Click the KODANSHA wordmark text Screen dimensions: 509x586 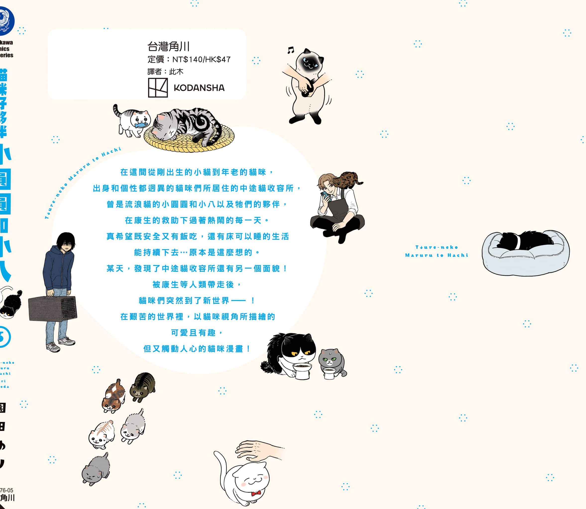click(199, 88)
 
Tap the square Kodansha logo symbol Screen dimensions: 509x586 click(158, 88)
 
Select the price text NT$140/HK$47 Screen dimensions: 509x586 click(201, 59)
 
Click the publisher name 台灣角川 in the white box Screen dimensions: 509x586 click(168, 46)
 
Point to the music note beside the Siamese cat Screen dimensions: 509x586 click(290, 50)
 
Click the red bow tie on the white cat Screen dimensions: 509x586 click(256, 493)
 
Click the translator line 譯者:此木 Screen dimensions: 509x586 click(165, 72)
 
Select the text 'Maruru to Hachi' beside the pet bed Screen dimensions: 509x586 click(436, 255)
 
